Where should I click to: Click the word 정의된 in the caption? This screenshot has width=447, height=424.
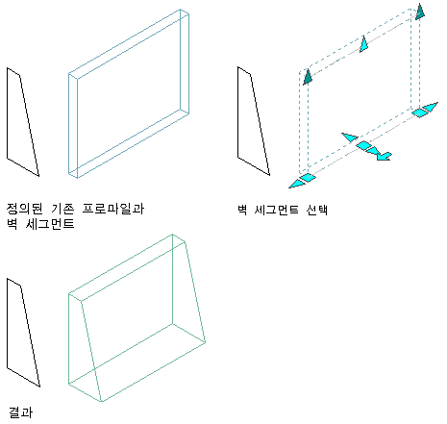click(x=24, y=209)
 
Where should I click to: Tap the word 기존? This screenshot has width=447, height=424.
click(x=62, y=209)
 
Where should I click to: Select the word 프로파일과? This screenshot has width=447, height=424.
click(x=113, y=209)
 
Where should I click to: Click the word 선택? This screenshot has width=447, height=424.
click(x=316, y=210)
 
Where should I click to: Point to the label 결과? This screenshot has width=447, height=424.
click(x=20, y=412)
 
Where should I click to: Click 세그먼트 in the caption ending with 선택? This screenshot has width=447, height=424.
click(x=276, y=210)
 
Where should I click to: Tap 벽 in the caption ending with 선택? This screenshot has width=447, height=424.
click(x=242, y=210)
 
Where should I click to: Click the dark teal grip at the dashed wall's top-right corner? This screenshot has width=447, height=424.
click(x=420, y=12)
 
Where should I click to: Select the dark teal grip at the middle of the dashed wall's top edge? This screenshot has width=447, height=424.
click(x=363, y=44)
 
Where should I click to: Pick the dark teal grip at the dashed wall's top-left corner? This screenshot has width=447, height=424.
click(x=308, y=77)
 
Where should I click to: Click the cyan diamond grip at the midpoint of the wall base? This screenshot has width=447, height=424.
click(x=364, y=145)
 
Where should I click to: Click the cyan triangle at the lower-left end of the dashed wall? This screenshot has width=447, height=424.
click(x=296, y=184)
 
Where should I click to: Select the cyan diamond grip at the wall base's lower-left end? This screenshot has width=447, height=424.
click(x=308, y=178)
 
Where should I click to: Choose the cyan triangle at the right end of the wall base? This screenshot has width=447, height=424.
click(x=431, y=107)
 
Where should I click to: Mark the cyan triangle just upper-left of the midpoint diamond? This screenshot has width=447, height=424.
click(x=350, y=137)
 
